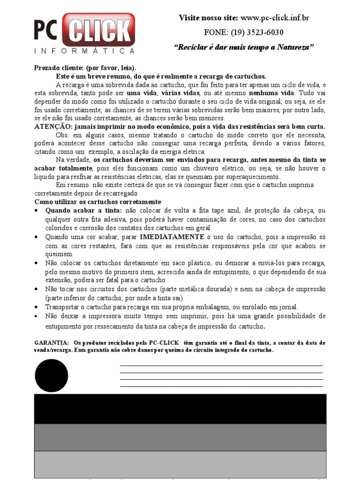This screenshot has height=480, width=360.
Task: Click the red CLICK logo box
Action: pos(102,30)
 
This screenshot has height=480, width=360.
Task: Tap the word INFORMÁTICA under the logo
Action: pos(85,51)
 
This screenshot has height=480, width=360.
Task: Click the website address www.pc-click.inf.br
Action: pos(275,18)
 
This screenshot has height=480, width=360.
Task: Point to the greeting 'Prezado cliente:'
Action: pos(59,68)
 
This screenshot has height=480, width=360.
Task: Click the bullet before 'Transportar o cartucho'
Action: pos(37,307)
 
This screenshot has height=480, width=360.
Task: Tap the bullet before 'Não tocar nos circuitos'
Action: pos(37,289)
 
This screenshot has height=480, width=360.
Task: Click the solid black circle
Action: pos(52,376)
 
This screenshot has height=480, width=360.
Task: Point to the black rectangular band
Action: pos(180,408)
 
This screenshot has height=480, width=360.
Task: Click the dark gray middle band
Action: pos(180,437)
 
